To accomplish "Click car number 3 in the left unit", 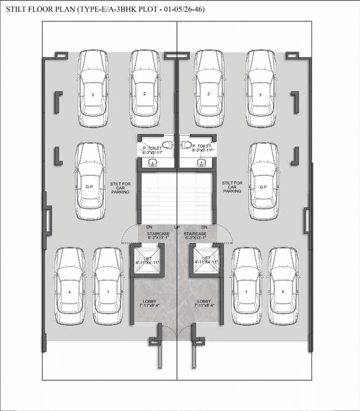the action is point(93,89).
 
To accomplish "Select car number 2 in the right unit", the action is point(209,89).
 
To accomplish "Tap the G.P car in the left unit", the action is point(89,181).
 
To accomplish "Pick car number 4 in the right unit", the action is point(283,286).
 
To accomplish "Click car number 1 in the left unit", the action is point(108,286).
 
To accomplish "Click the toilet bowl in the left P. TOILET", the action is point(167,144).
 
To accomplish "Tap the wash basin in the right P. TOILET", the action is point(201,162).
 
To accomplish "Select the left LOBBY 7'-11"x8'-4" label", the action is point(149,303).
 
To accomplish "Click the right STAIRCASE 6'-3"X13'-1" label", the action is point(195,236).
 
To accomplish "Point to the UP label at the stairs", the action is point(177,227).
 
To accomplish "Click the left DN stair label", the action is point(149,227).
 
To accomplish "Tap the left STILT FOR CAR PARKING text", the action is point(121,188).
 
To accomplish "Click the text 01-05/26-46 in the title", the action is point(184,10).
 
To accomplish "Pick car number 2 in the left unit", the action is point(144,89).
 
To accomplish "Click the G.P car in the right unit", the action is point(263,181).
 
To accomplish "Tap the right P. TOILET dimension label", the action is point(202,150).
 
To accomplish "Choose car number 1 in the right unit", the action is point(246,286).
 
